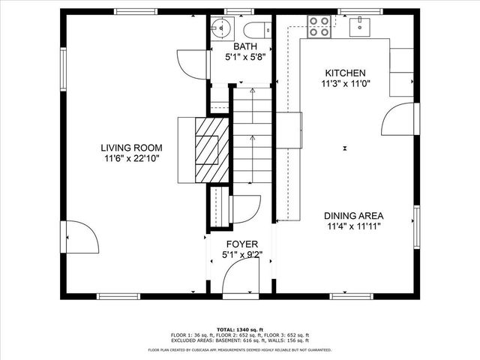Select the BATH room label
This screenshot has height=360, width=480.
click(x=246, y=46)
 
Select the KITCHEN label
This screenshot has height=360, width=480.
click(x=345, y=73)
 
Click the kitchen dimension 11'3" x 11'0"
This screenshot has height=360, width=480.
click(x=345, y=85)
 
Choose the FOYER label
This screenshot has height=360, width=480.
click(x=242, y=244)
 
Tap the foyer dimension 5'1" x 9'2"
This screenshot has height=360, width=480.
click(x=242, y=256)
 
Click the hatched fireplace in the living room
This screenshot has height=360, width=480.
click(x=208, y=149)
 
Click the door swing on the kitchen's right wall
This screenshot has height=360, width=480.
click(x=397, y=120)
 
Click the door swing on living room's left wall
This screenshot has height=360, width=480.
click(x=81, y=238)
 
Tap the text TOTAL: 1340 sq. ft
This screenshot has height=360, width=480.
click(x=239, y=329)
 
